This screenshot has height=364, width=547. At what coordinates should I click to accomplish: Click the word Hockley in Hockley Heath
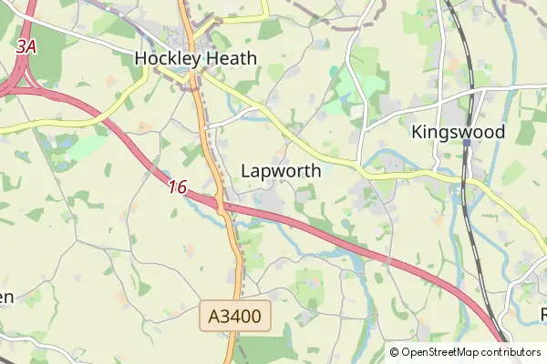pos(166,59)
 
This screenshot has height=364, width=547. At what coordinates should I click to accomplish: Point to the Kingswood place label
pos(458,132)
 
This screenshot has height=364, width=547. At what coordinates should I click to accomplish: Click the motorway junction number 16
pos(177,187)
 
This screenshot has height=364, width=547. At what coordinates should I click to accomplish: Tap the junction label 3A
pos(26,45)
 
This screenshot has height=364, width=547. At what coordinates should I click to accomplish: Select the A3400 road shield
pos(235,317)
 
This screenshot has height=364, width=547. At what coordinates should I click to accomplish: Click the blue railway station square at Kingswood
pos(466,143)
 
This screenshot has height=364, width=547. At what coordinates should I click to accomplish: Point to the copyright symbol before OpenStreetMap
pos(395,352)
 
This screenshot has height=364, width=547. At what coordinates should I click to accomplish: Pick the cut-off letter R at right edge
pos(543,314)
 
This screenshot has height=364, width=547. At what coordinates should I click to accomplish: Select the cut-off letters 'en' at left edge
pos(5,298)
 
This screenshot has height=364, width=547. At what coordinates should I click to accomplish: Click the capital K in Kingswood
pos(417,132)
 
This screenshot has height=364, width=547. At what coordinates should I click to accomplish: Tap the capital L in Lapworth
pos(246,170)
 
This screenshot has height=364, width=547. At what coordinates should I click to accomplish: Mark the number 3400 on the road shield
pos(242,317)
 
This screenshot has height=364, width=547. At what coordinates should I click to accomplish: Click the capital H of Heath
pos(210,59)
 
